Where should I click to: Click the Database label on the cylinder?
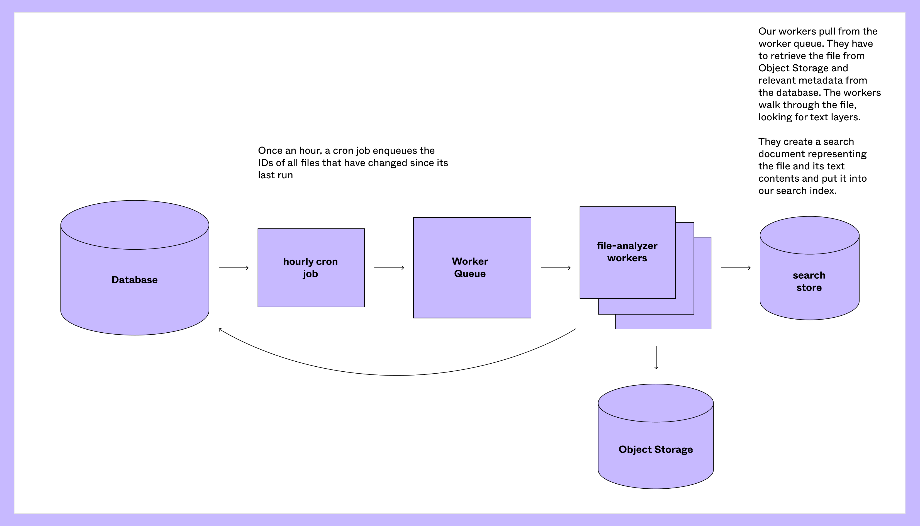[x=134, y=280]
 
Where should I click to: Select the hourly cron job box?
[x=311, y=267]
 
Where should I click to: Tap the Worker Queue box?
[x=472, y=267]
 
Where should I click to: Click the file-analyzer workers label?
[x=627, y=252]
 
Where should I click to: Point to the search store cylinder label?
[x=809, y=281]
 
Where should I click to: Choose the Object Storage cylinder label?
[x=656, y=449]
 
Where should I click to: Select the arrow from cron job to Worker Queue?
[x=389, y=268]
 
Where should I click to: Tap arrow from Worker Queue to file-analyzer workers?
[x=556, y=268]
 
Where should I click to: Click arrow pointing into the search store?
[x=736, y=268]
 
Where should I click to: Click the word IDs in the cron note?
[x=266, y=163]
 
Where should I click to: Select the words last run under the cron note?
[x=275, y=175]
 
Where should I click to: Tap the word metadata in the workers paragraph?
[x=812, y=80]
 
